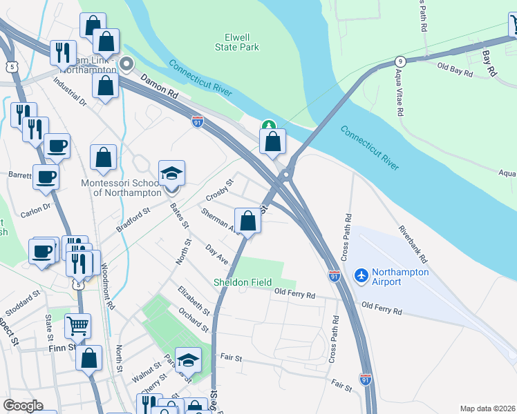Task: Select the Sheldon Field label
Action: [x=242, y=282]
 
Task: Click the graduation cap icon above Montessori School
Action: [x=172, y=173]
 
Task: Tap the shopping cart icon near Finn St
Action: [x=77, y=325]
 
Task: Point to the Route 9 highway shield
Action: [x=399, y=60]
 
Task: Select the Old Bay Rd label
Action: [x=455, y=68]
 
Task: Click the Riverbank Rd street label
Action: [x=413, y=241]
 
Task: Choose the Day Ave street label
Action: [x=216, y=253]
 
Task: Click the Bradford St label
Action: [x=133, y=221]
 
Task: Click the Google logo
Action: [x=23, y=406]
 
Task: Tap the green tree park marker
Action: [x=268, y=125]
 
